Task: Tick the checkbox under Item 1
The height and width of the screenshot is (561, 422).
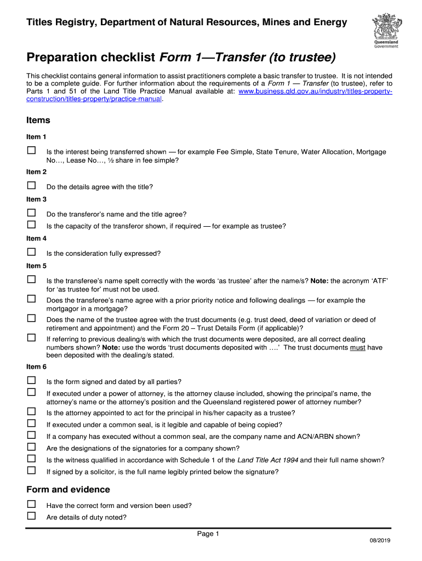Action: tap(31, 150)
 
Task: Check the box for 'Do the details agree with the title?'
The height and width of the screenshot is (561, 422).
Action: tap(31, 185)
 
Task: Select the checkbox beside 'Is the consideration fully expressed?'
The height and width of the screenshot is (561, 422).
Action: tap(31, 252)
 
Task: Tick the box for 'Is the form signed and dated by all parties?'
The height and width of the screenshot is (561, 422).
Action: tap(31, 380)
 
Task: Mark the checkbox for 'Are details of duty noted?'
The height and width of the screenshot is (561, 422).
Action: tap(31, 516)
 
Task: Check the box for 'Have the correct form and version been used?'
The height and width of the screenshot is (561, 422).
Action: tap(31, 504)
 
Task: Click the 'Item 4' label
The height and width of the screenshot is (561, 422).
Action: tap(37, 238)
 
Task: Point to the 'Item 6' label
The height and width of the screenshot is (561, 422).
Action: tap(37, 367)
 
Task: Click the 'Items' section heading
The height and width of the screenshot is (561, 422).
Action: tap(38, 120)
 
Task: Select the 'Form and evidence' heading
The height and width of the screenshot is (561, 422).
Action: tap(68, 489)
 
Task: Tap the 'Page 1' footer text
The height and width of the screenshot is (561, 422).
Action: tap(208, 534)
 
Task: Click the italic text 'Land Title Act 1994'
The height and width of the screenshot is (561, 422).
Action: tap(267, 460)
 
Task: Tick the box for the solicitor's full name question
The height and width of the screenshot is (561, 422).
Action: tap(31, 470)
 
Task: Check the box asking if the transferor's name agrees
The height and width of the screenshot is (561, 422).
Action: tap(31, 213)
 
